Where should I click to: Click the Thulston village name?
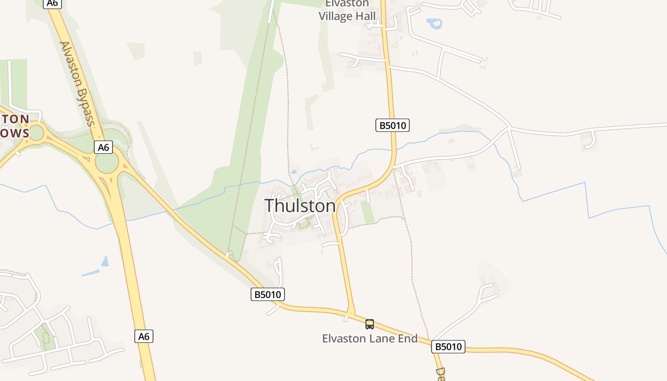pyautogui.click(x=300, y=206)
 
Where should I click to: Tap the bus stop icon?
pyautogui.click(x=370, y=324)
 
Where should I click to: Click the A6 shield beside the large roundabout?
pyautogui.click(x=103, y=148)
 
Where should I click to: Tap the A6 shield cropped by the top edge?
pyautogui.click(x=52, y=3)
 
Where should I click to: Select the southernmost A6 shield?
pyautogui.click(x=144, y=336)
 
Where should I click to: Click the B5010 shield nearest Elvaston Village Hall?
pyautogui.click(x=393, y=125)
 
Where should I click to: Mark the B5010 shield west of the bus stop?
pyautogui.click(x=268, y=294)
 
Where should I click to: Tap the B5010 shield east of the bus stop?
pyautogui.click(x=448, y=346)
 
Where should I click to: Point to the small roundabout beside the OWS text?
pyautogui.click(x=36, y=133)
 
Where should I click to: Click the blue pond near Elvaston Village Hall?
pyautogui.click(x=435, y=23)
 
